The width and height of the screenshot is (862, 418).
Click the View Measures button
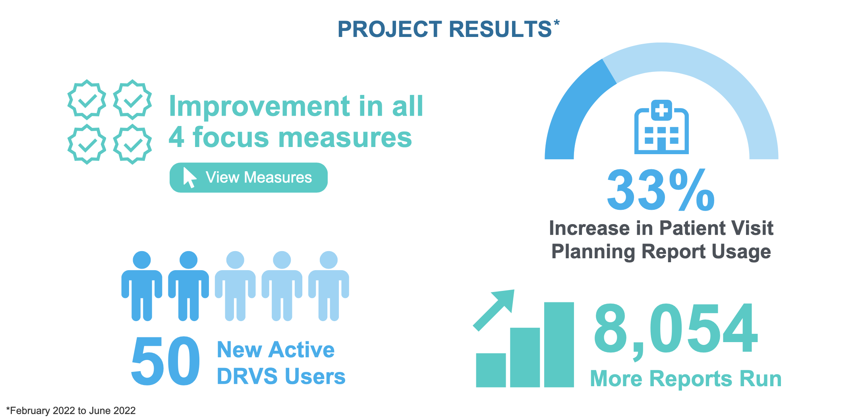click(x=249, y=178)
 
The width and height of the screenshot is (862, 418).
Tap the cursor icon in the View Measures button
click(x=189, y=177)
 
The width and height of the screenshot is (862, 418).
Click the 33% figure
click(x=661, y=190)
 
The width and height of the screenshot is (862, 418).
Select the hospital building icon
click(x=661, y=128)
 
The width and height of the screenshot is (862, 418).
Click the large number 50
click(x=165, y=361)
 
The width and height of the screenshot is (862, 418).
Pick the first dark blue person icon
click(x=142, y=286)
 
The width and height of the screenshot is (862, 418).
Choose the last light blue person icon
click(x=329, y=286)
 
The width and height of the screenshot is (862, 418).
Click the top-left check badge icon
click(x=87, y=99)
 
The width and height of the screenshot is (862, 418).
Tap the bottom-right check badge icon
click(x=132, y=144)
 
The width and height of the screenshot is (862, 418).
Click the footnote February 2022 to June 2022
click(x=72, y=410)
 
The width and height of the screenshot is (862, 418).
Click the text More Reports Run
click(x=686, y=379)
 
